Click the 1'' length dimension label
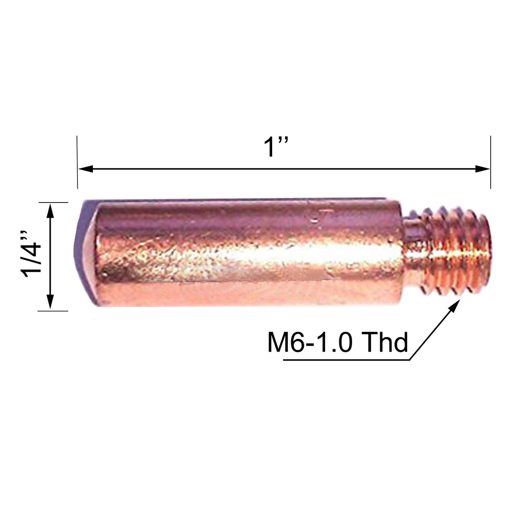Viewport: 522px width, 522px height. pos(276,147)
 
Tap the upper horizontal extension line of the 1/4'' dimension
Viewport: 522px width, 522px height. pos(54,202)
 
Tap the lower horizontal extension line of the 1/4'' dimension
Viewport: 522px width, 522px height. pos(54,310)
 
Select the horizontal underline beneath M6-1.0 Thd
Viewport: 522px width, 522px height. pos(344,360)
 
